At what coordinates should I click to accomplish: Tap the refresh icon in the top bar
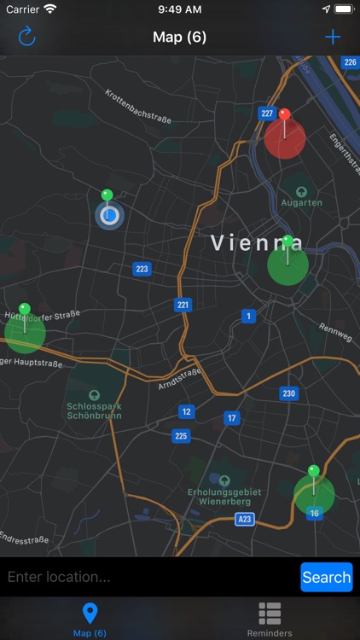[26, 37]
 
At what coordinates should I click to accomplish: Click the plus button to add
[333, 37]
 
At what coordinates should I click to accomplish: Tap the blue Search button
[326, 577]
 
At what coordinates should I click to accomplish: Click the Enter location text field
[149, 577]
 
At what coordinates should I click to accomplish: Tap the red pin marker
[284, 115]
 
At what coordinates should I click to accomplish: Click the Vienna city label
[257, 242]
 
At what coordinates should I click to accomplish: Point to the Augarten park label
[301, 202]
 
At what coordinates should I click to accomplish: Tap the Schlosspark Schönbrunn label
[94, 406]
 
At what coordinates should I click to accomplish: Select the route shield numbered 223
[142, 269]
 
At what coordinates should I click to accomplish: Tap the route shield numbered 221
[183, 305]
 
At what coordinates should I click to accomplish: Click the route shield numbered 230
[289, 393]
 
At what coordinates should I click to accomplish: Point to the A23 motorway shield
[245, 518]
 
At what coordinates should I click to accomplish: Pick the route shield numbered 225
[181, 436]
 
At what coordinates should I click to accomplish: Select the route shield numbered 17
[231, 418]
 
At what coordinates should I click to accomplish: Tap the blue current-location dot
[109, 215]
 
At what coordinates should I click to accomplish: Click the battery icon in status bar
[344, 9]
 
